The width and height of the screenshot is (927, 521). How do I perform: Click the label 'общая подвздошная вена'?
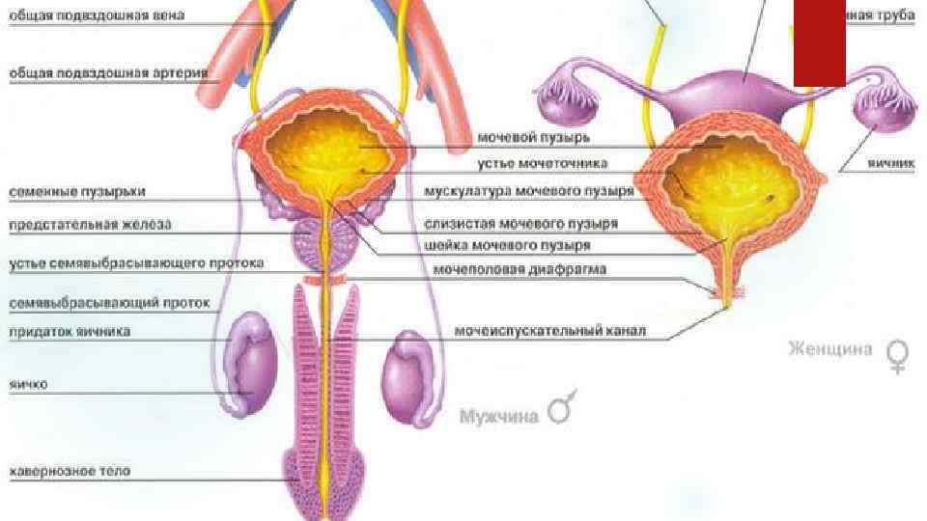tap(98, 16)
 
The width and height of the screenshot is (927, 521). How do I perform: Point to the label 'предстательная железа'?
tap(90, 225)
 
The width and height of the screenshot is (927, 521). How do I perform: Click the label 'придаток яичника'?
tap(70, 331)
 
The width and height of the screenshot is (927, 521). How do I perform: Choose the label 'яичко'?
tap(29, 384)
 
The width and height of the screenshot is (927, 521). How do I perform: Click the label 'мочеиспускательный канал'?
tap(549, 331)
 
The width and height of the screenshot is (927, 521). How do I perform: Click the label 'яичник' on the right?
tap(888, 164)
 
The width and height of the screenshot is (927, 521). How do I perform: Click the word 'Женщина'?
tap(830, 347)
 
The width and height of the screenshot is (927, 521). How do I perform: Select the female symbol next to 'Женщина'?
tap(898, 357)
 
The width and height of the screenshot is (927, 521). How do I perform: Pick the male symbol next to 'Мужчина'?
tap(561, 410)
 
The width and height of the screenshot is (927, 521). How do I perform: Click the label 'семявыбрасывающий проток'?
tap(109, 303)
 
